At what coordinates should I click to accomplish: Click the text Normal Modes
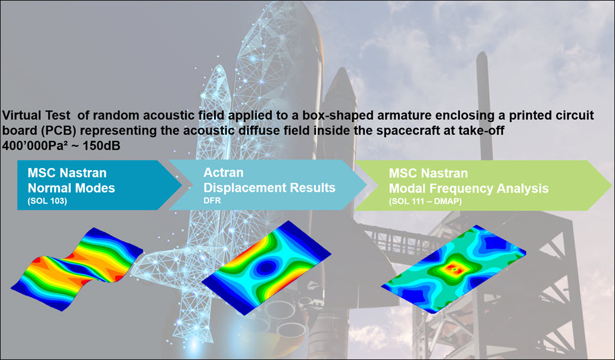pyautogui.click(x=71, y=189)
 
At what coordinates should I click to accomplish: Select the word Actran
pyautogui.click(x=223, y=173)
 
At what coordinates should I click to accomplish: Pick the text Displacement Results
pyautogui.click(x=269, y=187)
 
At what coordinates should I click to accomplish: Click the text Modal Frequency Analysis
pyautogui.click(x=469, y=189)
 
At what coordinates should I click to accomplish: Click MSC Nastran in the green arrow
pyautogui.click(x=428, y=174)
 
